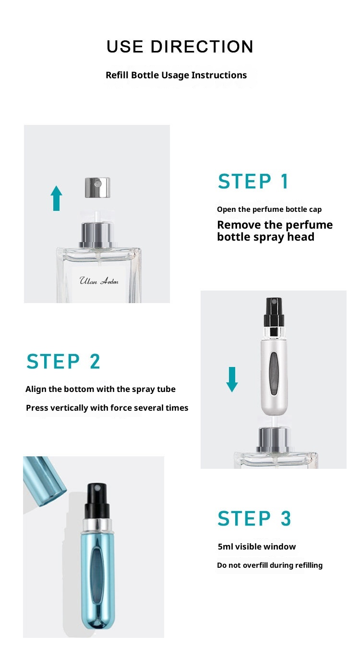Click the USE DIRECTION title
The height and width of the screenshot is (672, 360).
point(180,47)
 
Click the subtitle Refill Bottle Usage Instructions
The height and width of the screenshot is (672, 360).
point(176,75)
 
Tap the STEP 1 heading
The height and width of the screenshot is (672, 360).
point(253,181)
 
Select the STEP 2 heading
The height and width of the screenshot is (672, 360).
point(63,362)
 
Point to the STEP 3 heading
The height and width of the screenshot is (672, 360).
point(254,518)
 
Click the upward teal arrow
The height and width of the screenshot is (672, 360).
point(56,198)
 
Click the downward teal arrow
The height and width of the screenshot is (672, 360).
point(232,379)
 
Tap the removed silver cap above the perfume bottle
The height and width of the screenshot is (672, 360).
point(97,187)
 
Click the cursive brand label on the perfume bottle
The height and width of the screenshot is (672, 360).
point(99,281)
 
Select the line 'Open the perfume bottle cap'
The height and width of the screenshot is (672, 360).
point(269,209)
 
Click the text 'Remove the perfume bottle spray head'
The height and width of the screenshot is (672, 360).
point(275,231)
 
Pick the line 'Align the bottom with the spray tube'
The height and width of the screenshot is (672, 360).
point(100,389)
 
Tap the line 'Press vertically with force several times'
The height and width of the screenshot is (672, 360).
point(107,408)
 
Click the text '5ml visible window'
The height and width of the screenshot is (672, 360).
point(257,547)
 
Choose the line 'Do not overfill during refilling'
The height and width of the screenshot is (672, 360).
point(270,565)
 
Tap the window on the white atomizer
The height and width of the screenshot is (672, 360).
point(274,374)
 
